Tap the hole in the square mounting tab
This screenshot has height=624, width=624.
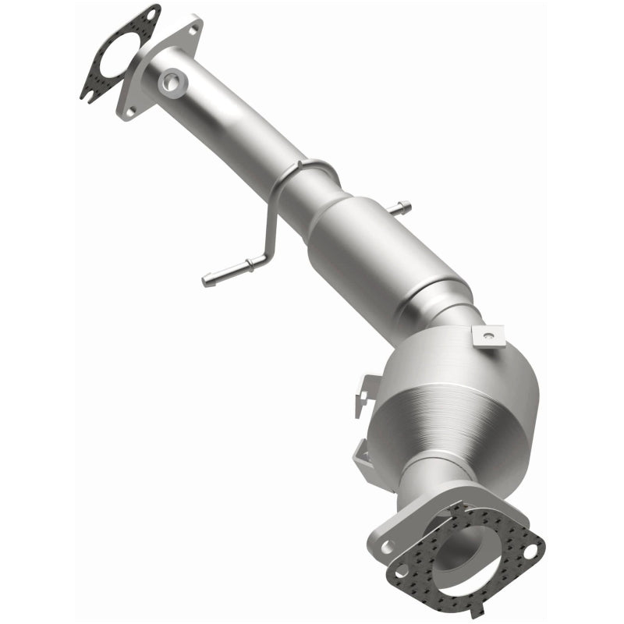point(487,337)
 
